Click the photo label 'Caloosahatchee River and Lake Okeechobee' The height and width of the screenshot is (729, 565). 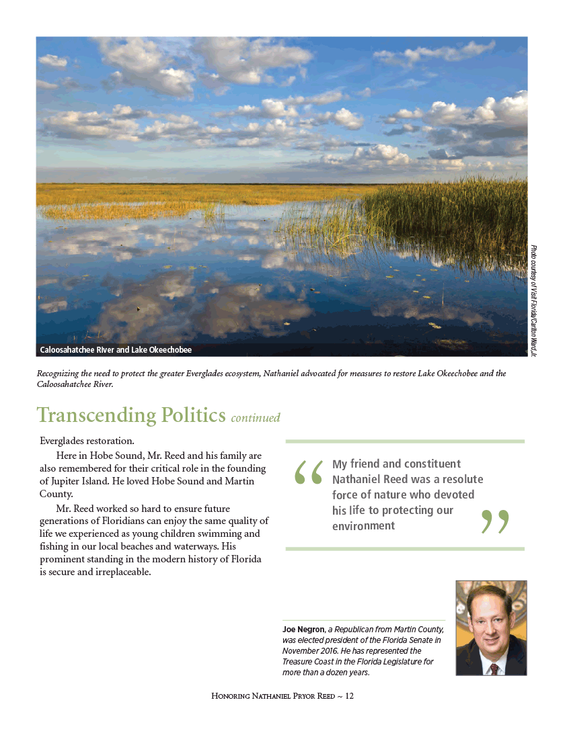click(116, 350)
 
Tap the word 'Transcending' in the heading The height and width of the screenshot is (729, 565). click(96, 415)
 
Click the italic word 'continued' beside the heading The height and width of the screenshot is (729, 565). click(255, 418)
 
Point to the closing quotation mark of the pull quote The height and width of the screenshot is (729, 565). click(495, 521)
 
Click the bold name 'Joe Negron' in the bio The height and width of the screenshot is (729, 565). click(303, 630)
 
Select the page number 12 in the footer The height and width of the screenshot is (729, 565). click(349, 696)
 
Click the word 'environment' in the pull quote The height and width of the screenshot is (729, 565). click(363, 525)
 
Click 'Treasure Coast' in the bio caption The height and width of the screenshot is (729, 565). click(314, 661)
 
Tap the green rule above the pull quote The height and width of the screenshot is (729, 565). click(405, 441)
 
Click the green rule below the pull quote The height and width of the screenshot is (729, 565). click(405, 549)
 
